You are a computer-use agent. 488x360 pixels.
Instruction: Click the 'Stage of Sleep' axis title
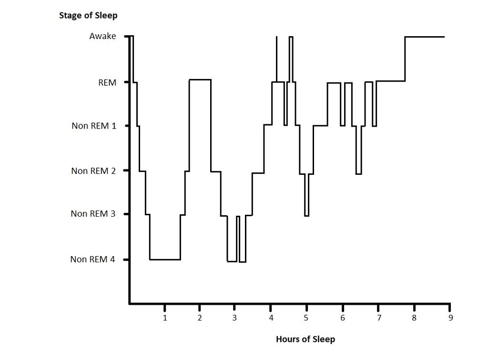[88, 15]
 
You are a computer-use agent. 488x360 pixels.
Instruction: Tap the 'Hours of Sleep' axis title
[305, 339]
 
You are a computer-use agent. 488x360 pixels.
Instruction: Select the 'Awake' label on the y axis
[102, 36]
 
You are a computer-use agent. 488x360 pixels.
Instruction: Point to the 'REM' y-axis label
[107, 82]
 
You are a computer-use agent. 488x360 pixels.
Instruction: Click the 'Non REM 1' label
[93, 126]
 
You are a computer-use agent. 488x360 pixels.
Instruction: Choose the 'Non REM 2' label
[93, 170]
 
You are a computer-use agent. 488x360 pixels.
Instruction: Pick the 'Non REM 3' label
[93, 214]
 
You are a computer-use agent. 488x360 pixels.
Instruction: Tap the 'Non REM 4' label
[92, 259]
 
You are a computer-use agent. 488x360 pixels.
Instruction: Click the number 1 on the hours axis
[165, 318]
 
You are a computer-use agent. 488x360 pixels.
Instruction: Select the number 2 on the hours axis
[200, 318]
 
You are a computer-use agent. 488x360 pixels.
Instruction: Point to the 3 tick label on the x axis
[235, 318]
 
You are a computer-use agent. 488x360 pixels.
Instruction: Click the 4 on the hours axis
[271, 318]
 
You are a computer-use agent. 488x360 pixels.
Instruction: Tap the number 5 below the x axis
[306, 318]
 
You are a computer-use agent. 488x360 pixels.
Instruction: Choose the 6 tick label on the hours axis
[343, 318]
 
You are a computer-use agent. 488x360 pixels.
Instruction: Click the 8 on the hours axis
[414, 318]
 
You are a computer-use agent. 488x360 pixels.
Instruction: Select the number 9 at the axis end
[450, 318]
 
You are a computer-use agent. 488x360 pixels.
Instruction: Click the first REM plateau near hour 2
[200, 80]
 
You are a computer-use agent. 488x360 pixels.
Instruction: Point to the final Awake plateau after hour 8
[425, 37]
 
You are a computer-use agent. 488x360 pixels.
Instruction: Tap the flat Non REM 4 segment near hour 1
[165, 260]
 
